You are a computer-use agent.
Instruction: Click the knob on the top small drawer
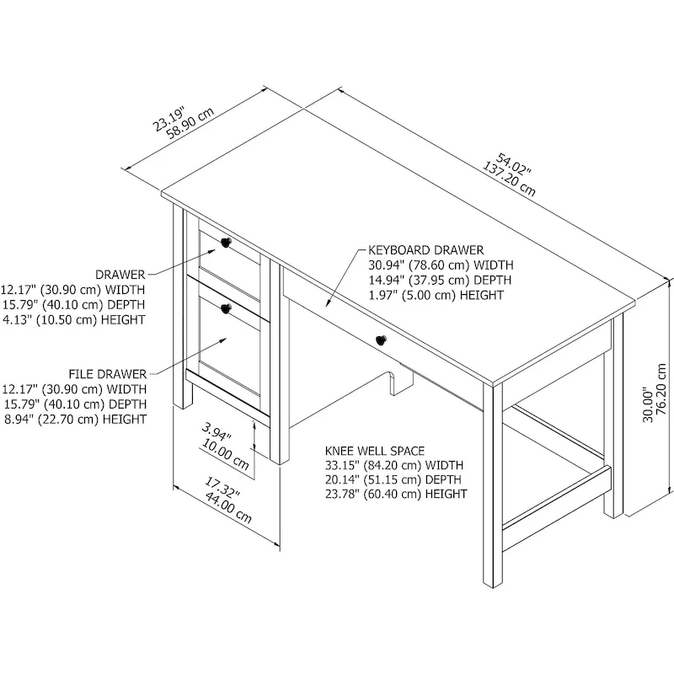pyautogui.click(x=226, y=243)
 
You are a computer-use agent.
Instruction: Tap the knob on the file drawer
pyautogui.click(x=226, y=309)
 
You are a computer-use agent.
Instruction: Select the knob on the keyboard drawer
pyautogui.click(x=380, y=340)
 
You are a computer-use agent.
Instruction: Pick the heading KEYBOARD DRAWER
pyautogui.click(x=425, y=250)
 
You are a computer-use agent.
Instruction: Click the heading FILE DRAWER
pyautogui.click(x=109, y=373)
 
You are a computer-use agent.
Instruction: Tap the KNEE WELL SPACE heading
pyautogui.click(x=374, y=451)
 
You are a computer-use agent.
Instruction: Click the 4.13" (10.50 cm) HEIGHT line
pyautogui.click(x=73, y=319)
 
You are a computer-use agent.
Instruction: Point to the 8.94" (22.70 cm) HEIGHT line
pyautogui.click(x=73, y=419)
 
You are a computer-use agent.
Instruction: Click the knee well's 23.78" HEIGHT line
pyautogui.click(x=396, y=494)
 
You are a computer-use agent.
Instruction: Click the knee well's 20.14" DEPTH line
pyautogui.click(x=394, y=479)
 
